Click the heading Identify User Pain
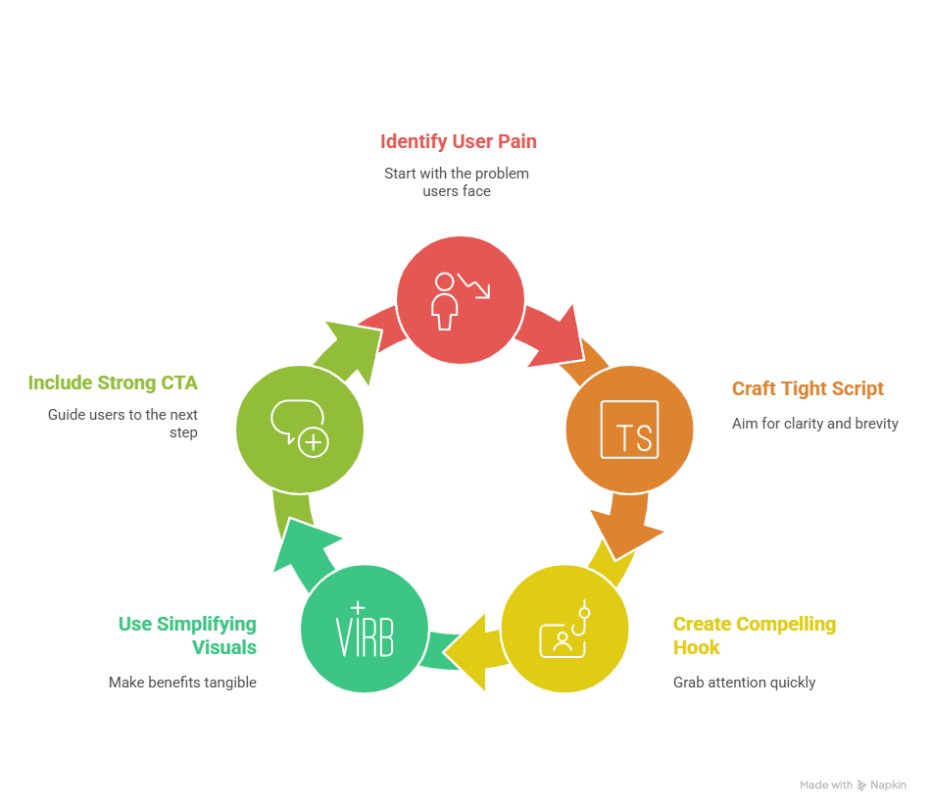[x=458, y=141]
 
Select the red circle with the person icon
[x=460, y=300]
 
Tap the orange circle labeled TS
[x=629, y=430]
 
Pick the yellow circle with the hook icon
[x=564, y=628]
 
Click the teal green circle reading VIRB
[x=365, y=628]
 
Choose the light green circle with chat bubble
[x=300, y=430]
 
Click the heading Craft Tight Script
[x=808, y=388]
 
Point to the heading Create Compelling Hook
[x=754, y=635]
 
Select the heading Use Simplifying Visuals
[x=187, y=635]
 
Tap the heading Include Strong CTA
[x=113, y=382]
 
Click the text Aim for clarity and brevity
[x=814, y=424]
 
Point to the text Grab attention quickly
[x=744, y=682]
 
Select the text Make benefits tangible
[x=182, y=682]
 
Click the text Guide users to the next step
[x=123, y=423]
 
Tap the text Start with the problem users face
[x=457, y=181]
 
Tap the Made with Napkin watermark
[x=853, y=785]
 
